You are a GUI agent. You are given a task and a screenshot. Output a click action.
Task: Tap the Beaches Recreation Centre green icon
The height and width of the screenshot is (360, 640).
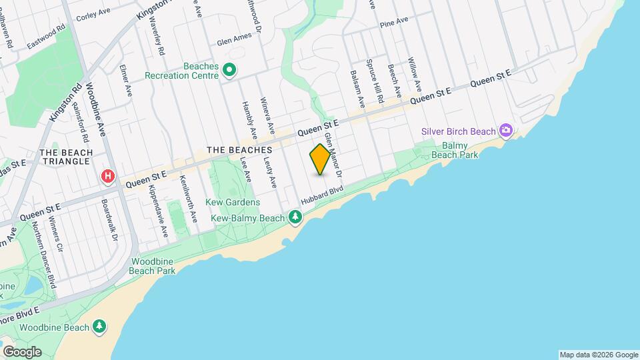(230, 69)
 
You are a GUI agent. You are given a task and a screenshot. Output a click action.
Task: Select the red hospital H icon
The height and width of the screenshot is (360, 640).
(107, 177)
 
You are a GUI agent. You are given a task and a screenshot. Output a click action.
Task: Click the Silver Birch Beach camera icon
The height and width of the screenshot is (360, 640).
(506, 130)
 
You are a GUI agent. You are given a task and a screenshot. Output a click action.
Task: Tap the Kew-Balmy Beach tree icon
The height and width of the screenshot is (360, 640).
(295, 217)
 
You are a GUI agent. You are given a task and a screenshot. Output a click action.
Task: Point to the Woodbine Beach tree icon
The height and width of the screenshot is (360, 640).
(99, 326)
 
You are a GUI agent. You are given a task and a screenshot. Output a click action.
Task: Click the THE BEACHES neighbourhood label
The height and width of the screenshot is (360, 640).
(239, 150)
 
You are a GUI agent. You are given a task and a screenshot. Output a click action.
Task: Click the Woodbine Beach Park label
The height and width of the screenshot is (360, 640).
(153, 267)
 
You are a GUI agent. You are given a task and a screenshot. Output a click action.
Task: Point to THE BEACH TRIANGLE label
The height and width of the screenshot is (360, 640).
(65, 157)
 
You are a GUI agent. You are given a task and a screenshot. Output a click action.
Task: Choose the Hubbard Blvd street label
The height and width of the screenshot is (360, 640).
(322, 195)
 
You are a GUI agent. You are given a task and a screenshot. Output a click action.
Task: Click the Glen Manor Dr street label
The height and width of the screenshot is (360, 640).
(333, 154)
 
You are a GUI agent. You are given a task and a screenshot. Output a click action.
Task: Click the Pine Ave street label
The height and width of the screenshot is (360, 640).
(393, 23)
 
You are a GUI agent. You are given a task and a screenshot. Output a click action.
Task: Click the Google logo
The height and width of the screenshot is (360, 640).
(21, 351)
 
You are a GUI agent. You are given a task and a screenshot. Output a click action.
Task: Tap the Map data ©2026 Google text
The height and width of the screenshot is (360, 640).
(599, 355)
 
